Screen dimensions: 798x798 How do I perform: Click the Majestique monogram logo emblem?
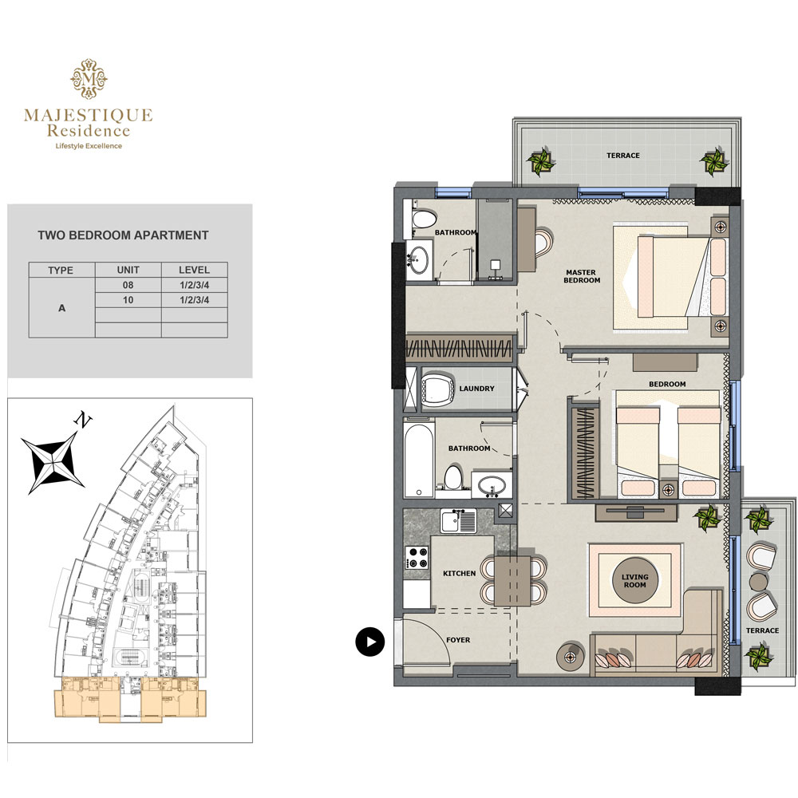[89, 78]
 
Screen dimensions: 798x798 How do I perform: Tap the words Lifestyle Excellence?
[89, 145]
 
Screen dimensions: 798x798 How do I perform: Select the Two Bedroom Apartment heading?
[123, 235]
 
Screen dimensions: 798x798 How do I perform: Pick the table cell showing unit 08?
[128, 285]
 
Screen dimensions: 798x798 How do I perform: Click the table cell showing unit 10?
[128, 300]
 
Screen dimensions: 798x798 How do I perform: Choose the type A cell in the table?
[61, 307]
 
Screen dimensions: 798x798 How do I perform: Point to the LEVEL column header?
[195, 270]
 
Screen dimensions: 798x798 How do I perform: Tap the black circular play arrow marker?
[370, 641]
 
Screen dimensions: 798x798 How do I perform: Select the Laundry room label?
[477, 389]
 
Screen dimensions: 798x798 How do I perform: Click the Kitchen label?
[459, 573]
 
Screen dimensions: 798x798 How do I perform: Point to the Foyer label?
[458, 640]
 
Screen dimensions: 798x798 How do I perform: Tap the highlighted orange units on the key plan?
[132, 696]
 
